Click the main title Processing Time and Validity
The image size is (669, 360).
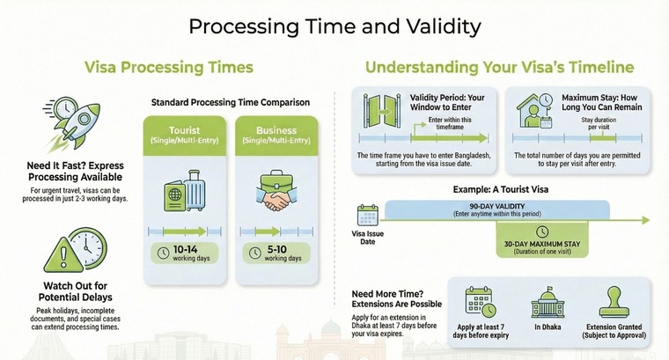pos(334,26)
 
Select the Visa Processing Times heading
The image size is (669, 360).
pos(168,67)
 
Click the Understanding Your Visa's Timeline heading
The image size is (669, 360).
pos(499,67)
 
